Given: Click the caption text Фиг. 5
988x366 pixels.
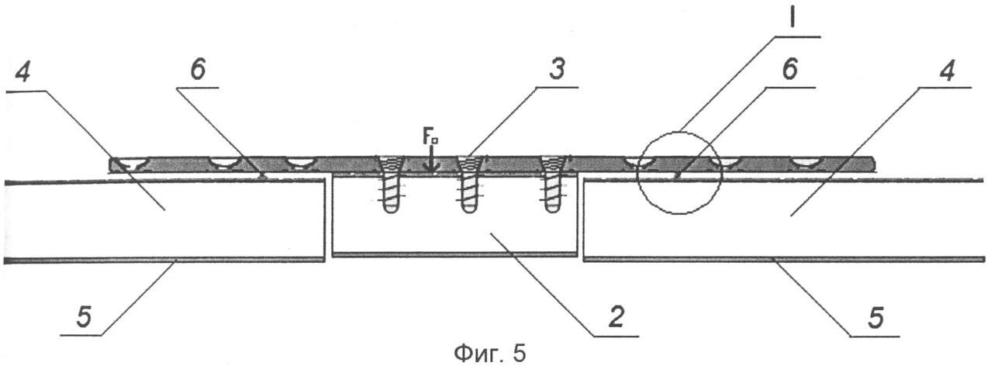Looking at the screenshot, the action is click(x=489, y=354).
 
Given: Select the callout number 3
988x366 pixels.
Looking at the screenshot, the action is click(x=557, y=70).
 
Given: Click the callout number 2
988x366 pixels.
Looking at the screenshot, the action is click(x=617, y=317).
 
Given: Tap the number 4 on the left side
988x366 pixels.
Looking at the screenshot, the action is click(x=23, y=71).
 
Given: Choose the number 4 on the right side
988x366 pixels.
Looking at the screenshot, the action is click(x=947, y=71).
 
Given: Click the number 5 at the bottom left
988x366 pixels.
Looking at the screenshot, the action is click(x=84, y=317).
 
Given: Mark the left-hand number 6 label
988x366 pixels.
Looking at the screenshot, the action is click(x=198, y=70).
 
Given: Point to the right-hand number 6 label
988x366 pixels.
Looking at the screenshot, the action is click(x=789, y=70).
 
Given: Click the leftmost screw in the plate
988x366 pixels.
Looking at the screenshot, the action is click(x=390, y=185).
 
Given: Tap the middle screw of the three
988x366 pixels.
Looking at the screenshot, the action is click(x=468, y=185).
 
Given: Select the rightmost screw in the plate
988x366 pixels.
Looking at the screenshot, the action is click(x=551, y=185).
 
